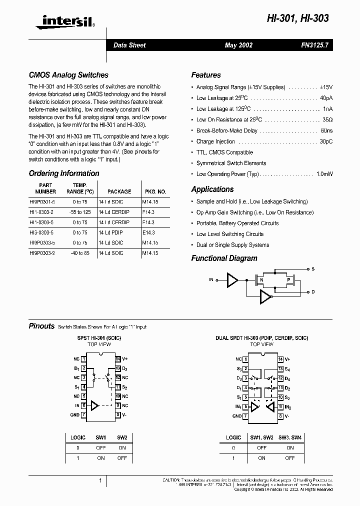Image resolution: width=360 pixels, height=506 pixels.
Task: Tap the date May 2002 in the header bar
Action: pyautogui.click(x=238, y=45)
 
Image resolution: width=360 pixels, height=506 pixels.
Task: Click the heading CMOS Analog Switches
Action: pyautogui.click(x=68, y=75)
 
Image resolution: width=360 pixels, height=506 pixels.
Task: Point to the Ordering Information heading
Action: pyautogui.click(x=64, y=173)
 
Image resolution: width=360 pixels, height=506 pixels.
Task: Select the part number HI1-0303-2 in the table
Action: pyautogui.click(x=42, y=211)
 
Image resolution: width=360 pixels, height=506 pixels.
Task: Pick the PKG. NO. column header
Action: pyautogui.click(x=154, y=191)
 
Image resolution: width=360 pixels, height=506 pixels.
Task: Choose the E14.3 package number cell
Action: pyautogui.click(x=148, y=232)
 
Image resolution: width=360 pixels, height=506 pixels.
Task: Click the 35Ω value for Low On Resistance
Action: pyautogui.click(x=327, y=120)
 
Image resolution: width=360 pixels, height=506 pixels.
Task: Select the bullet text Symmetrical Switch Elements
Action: pyautogui.click(x=231, y=163)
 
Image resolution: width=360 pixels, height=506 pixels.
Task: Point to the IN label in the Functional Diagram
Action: pyautogui.click(x=211, y=280)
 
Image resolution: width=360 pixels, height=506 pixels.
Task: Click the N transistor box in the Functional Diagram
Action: pyautogui.click(x=260, y=280)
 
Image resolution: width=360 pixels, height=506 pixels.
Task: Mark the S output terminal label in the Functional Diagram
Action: pyautogui.click(x=313, y=269)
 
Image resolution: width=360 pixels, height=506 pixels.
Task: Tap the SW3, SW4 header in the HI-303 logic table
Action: pyautogui.click(x=290, y=437)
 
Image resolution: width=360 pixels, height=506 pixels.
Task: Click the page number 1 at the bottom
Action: pyautogui.click(x=100, y=481)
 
